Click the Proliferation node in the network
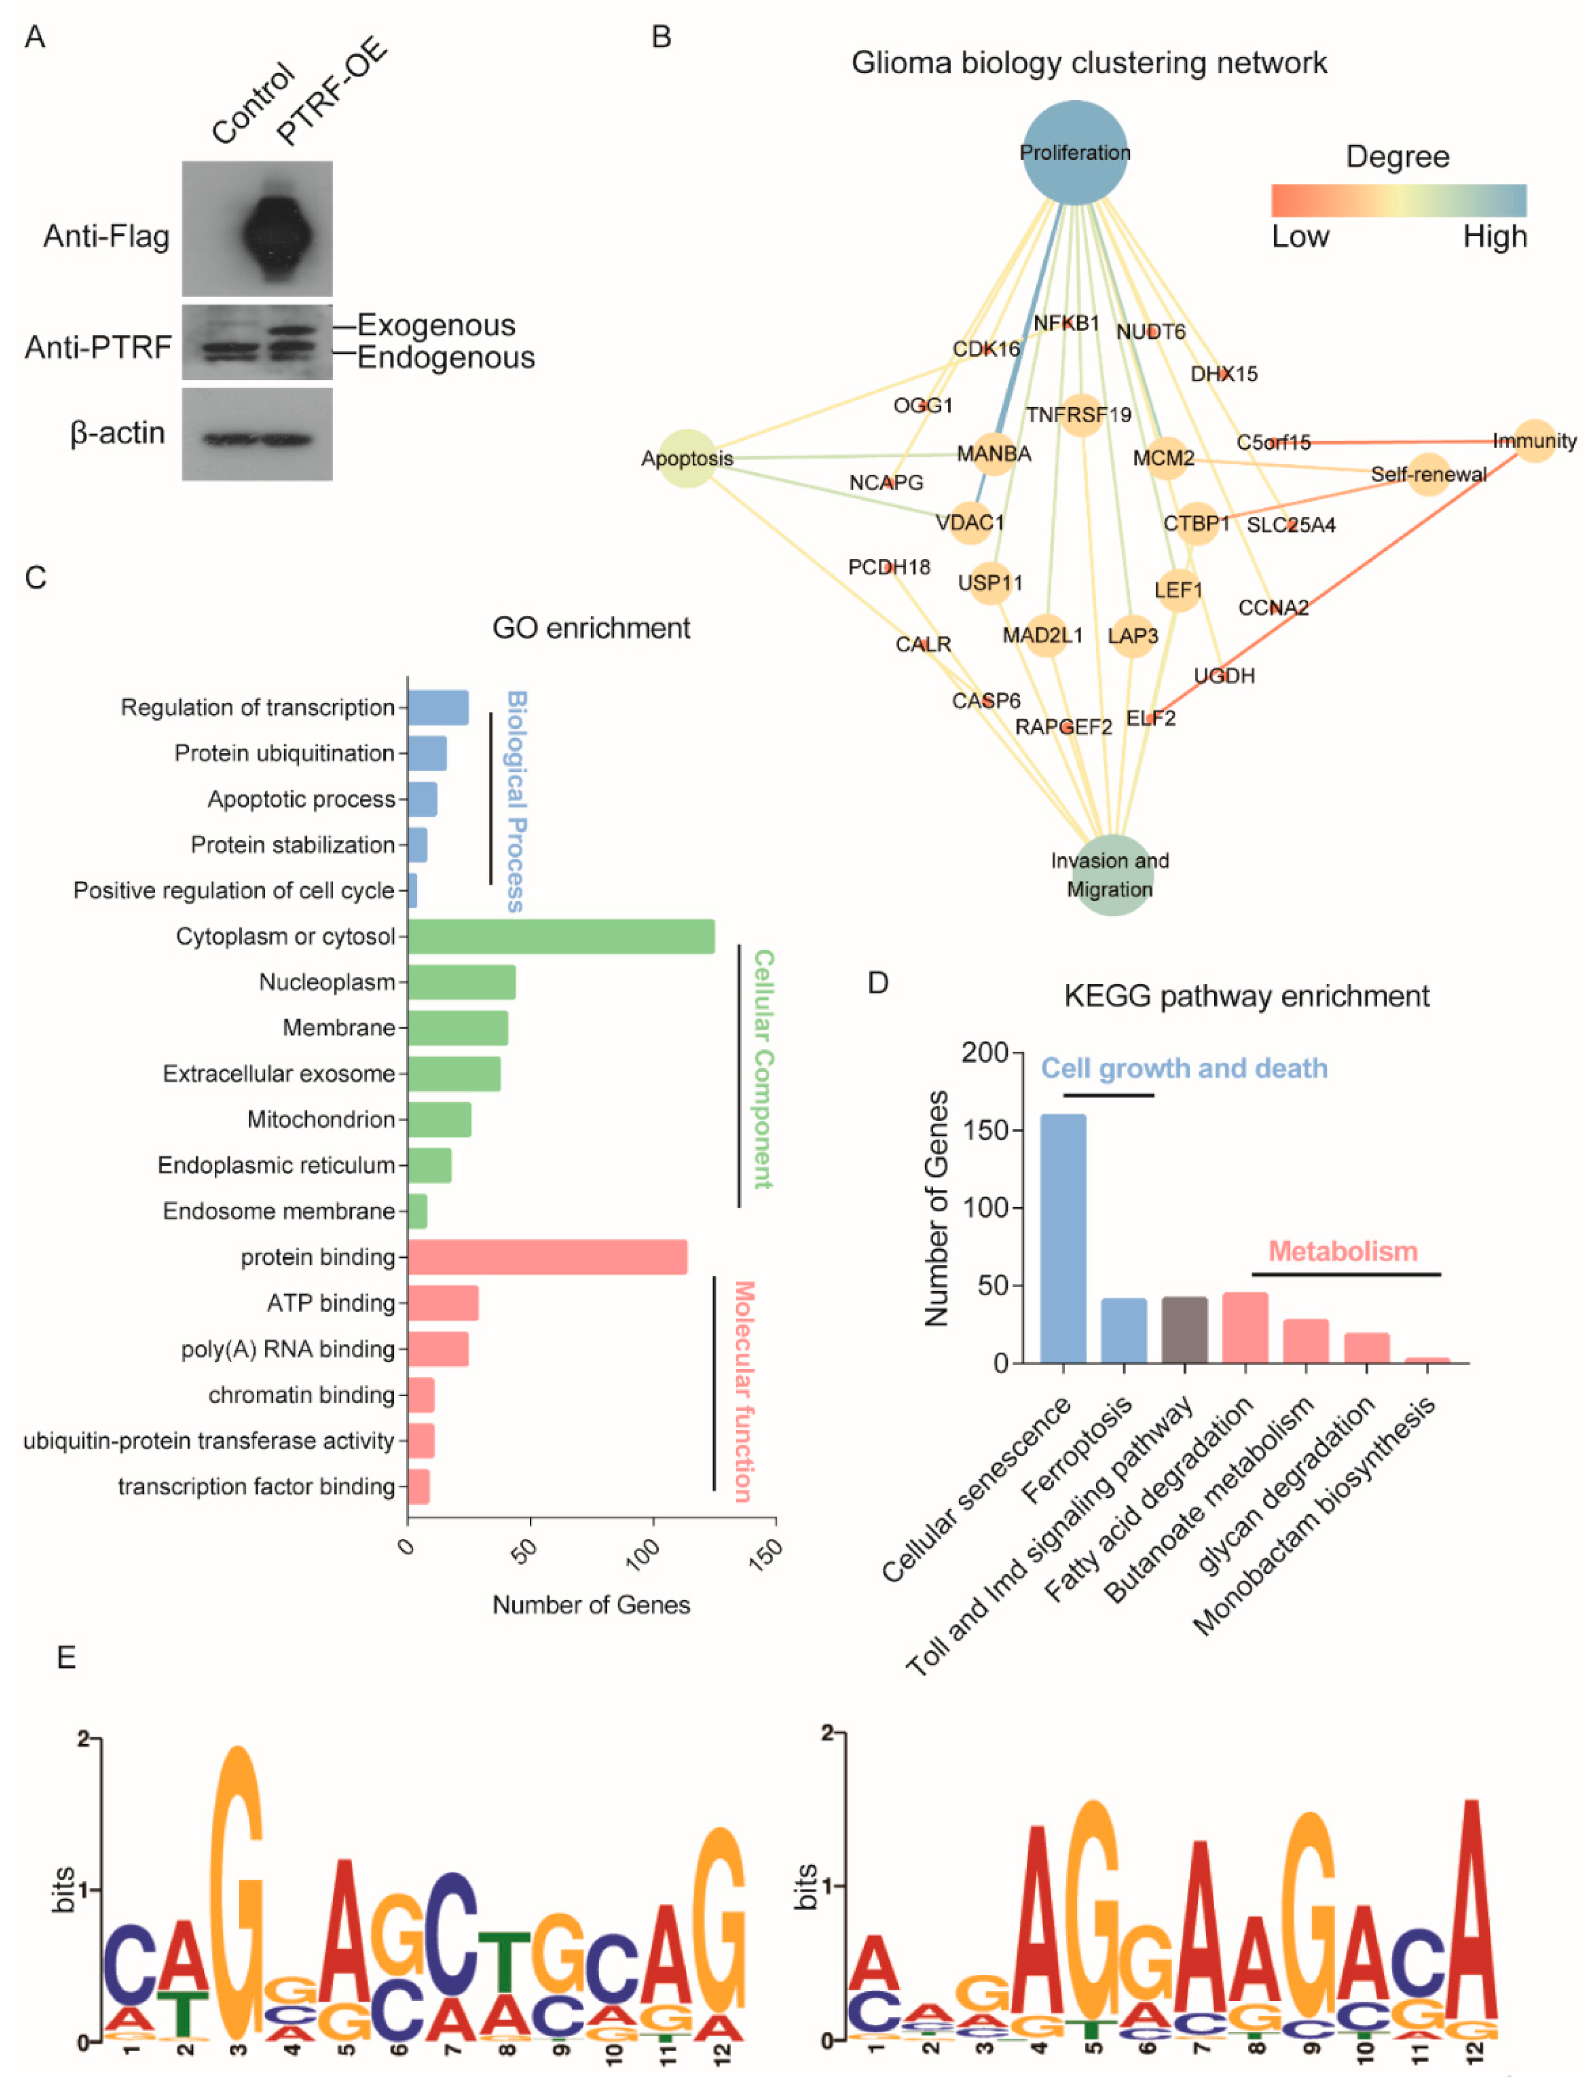click(x=1075, y=152)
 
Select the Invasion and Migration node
click(x=1111, y=875)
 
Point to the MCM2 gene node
click(x=1164, y=458)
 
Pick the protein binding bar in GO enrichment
click(x=547, y=1257)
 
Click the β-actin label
click(x=118, y=434)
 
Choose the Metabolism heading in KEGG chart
click(x=1343, y=1251)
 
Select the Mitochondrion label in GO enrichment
click(x=320, y=1120)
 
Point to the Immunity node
click(x=1534, y=441)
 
